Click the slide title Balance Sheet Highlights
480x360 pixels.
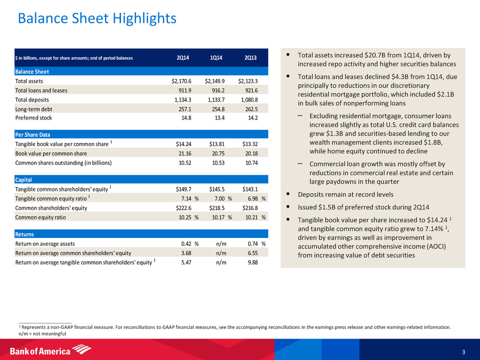pos(97,19)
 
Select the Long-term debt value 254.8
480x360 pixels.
pos(220,109)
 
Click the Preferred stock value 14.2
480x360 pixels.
pos(251,118)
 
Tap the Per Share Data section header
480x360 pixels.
pos(33,135)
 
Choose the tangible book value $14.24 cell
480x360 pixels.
pos(181,144)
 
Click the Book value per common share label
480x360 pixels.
pos(51,153)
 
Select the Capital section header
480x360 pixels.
pos(25,180)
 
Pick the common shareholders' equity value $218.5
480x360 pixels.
pos(217,208)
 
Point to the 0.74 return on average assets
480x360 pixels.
pos(251,243)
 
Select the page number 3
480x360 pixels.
pos(463,351)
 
